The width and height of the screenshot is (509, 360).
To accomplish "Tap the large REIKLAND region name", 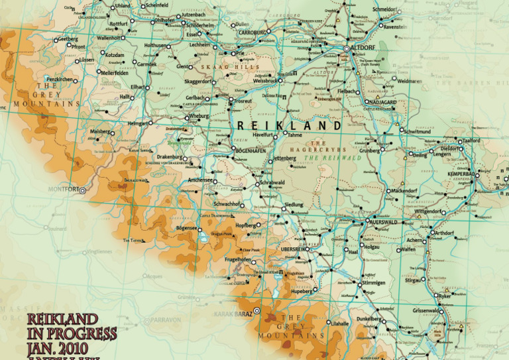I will click(289, 125).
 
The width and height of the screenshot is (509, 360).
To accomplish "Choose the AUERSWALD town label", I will click(382, 222).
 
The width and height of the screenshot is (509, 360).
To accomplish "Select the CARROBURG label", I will click(252, 32).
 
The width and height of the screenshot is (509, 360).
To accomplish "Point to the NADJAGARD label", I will click(383, 102).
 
